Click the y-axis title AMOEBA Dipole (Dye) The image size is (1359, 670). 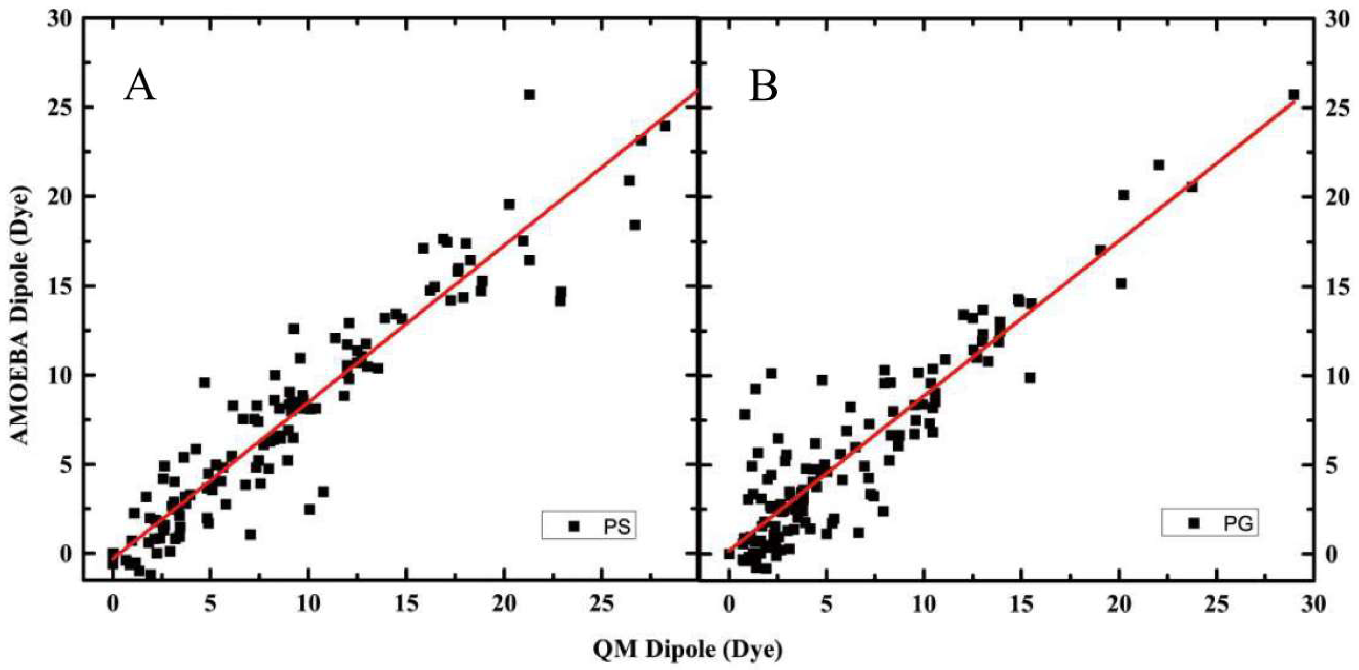[20, 316]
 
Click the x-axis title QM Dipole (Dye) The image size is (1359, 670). [688, 649]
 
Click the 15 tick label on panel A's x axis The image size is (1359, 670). [406, 604]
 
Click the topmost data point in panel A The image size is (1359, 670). [529, 95]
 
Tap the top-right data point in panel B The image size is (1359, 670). [1293, 95]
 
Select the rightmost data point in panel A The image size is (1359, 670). [665, 126]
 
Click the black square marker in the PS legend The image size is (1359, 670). [574, 527]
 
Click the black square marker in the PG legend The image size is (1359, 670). [1194, 523]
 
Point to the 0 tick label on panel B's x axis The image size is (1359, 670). [729, 604]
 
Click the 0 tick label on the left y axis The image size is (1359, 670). [66, 554]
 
